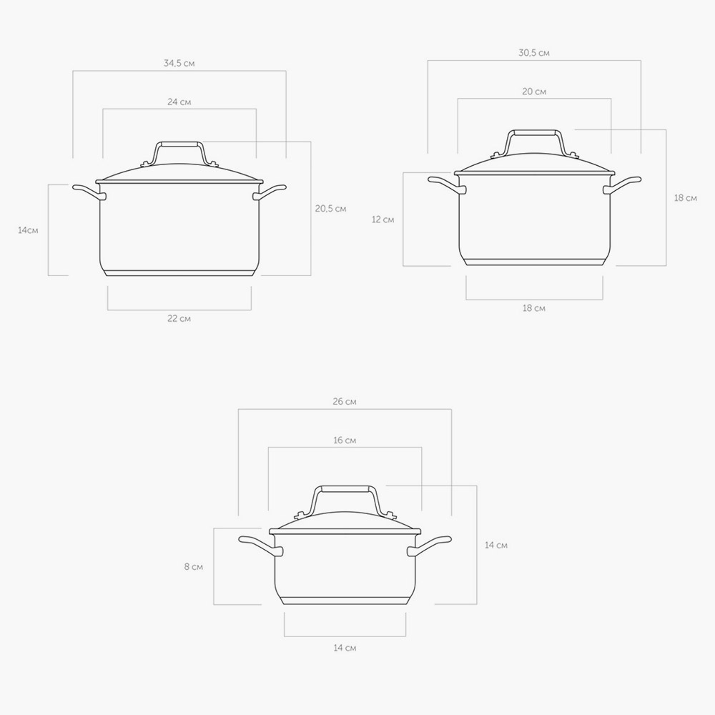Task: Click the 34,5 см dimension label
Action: point(179,64)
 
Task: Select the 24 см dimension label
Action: point(179,102)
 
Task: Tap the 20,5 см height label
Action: point(330,208)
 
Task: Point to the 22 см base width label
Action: point(179,318)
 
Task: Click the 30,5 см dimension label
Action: point(534,53)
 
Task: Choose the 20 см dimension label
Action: point(534,92)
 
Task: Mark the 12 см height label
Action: point(383,220)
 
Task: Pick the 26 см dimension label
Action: point(345,402)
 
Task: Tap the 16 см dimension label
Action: point(345,440)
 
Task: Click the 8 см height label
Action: point(194,567)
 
